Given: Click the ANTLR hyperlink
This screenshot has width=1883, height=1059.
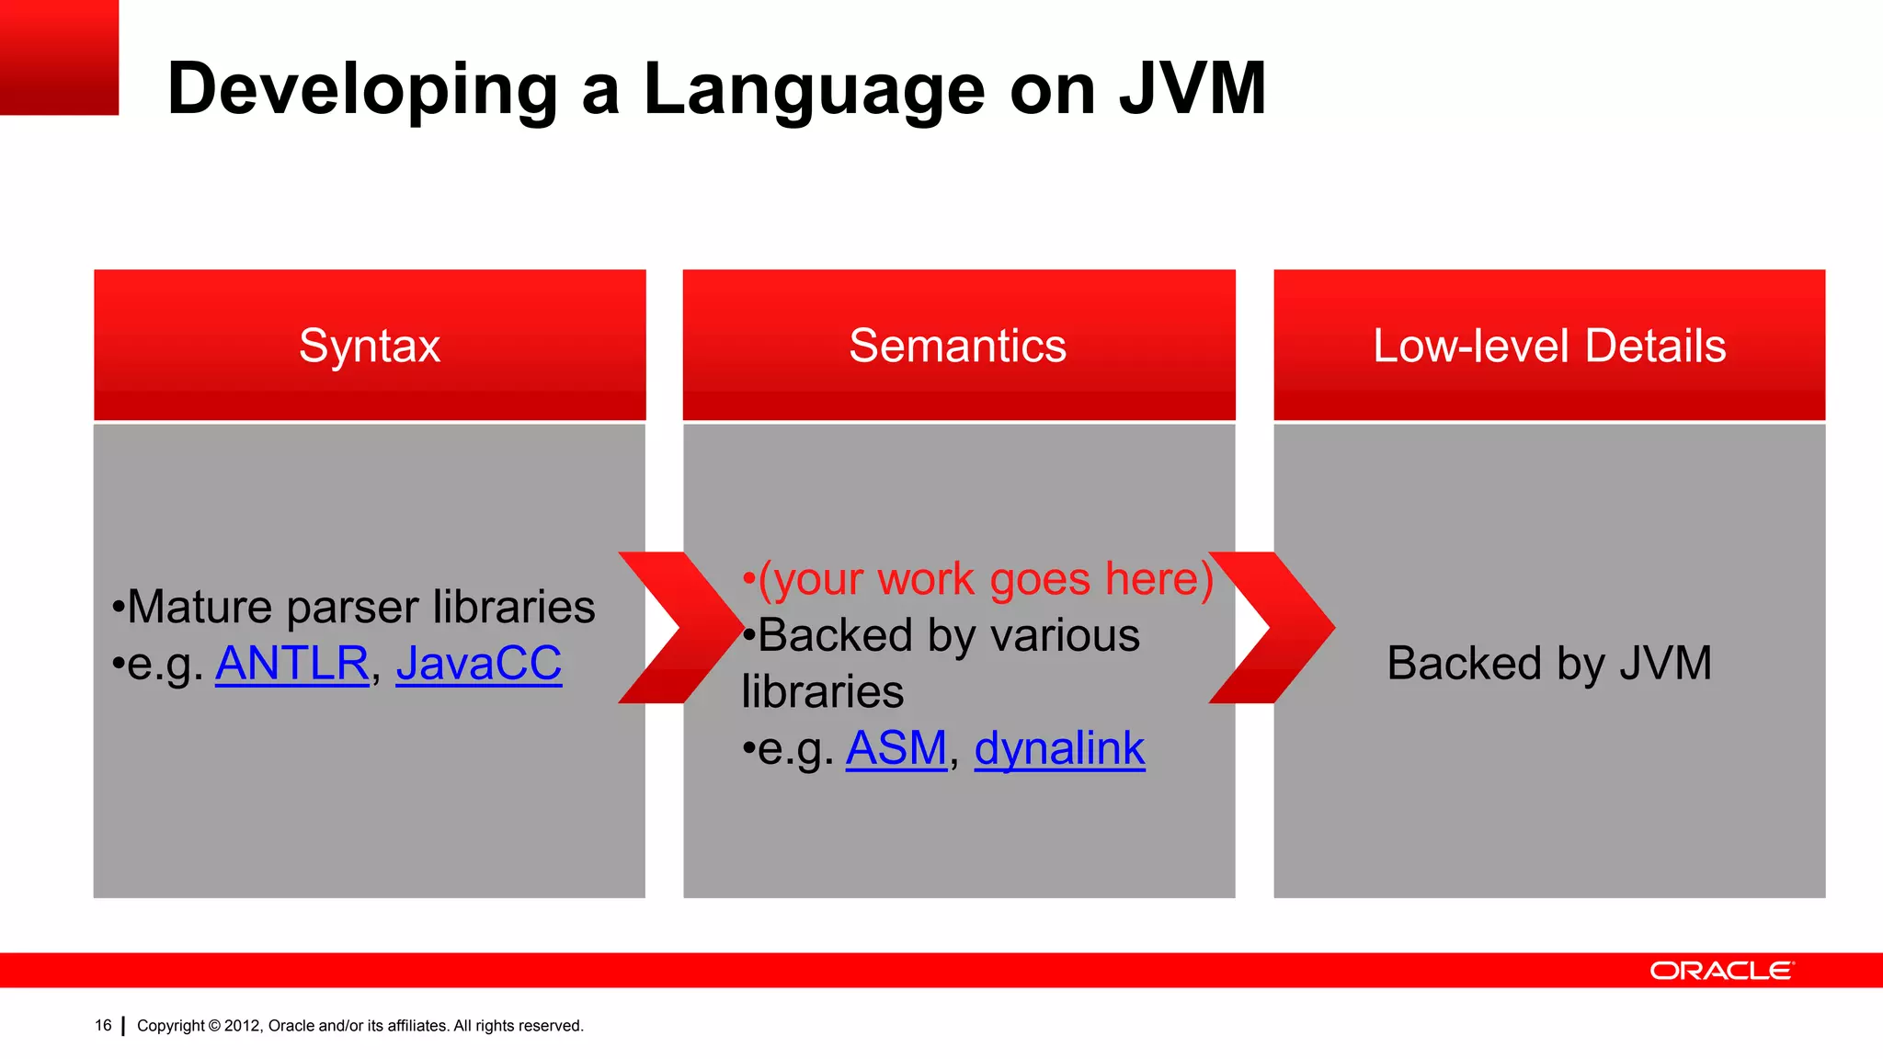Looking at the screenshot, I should click(291, 664).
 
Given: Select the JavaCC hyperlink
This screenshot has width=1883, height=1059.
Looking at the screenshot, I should click(478, 664).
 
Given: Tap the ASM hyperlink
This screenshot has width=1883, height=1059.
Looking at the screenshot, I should click(896, 748).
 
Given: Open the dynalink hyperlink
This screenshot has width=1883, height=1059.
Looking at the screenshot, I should click(1059, 748).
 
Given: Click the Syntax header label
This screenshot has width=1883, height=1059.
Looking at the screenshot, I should click(370, 347).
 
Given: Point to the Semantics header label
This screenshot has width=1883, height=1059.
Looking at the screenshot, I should click(957, 347).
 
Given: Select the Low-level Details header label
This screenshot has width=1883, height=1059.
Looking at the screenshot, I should click(1548, 347).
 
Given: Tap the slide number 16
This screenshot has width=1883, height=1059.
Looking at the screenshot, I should click(103, 1025).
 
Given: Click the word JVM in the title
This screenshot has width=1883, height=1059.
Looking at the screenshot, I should click(1193, 89).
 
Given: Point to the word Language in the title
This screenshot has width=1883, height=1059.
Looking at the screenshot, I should click(814, 89).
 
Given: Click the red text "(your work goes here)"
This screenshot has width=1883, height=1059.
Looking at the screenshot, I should click(984, 579).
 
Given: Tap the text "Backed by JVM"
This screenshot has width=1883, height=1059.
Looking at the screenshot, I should click(1548, 664).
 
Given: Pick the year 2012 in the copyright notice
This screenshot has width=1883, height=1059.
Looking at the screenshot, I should click(243, 1026).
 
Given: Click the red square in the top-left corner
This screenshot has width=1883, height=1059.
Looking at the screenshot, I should click(59, 57).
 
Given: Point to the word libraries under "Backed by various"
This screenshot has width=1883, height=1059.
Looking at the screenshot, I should click(823, 692).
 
